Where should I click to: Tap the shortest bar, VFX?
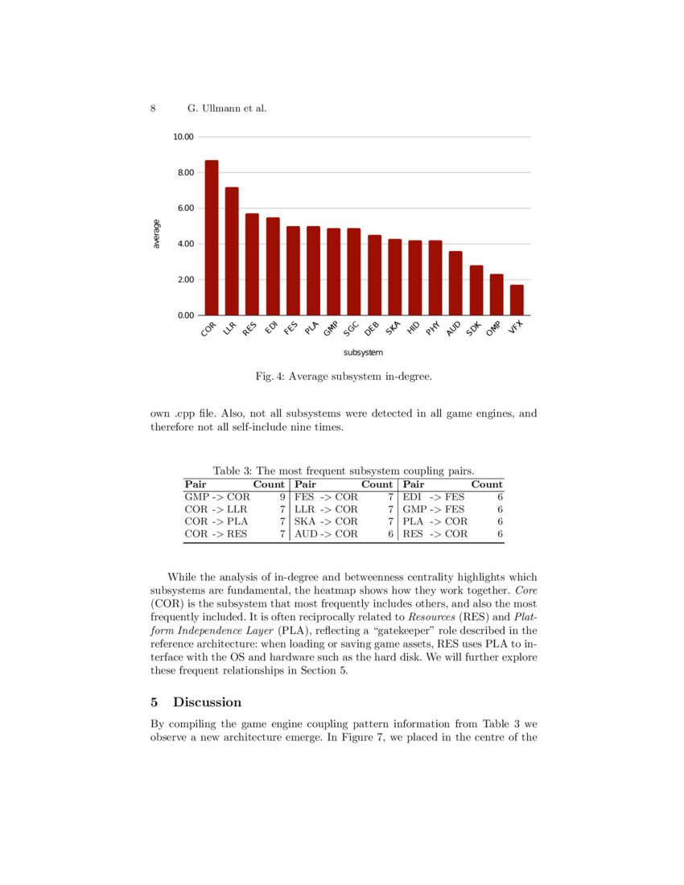click(517, 300)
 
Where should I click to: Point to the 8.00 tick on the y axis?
click(183, 173)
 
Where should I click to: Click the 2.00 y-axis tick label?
click(183, 280)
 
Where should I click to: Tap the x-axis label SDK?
click(474, 329)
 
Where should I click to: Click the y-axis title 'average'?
click(156, 234)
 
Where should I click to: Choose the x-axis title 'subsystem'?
click(363, 352)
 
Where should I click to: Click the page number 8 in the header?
click(153, 108)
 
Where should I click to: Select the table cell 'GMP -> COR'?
click(216, 497)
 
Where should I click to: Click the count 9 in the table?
click(282, 497)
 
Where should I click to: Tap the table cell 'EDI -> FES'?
click(433, 497)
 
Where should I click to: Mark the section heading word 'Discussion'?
click(207, 702)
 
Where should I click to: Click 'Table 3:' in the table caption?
click(232, 471)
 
